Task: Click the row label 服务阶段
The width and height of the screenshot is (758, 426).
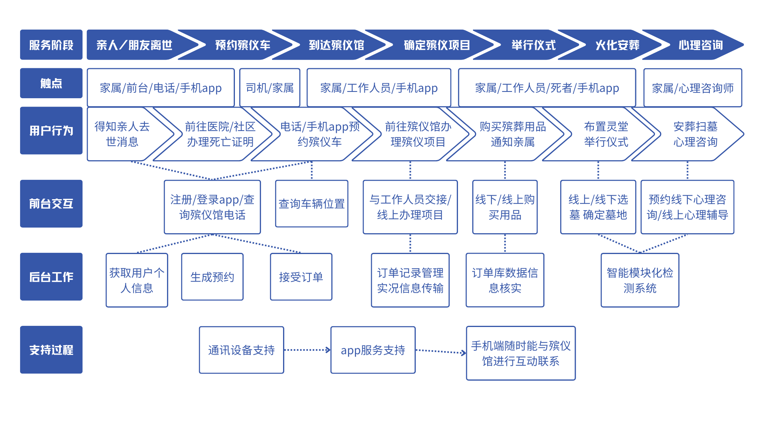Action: point(51,45)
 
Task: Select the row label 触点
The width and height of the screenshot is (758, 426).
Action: point(51,83)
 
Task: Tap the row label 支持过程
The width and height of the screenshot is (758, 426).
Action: point(51,350)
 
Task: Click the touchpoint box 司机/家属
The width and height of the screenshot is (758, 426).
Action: point(270,88)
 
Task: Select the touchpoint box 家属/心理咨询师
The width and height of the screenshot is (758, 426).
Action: point(693,88)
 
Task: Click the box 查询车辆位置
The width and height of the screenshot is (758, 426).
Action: point(312,204)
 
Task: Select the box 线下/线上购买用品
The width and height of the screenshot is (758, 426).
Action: point(505,207)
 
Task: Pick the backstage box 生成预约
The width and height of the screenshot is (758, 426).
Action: point(212,277)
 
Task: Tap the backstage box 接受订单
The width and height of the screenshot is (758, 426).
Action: point(301,277)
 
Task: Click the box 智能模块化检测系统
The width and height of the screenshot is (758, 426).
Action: point(640,280)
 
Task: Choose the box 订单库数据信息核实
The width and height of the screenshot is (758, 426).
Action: point(505,280)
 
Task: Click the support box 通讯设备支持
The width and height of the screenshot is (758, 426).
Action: point(242,350)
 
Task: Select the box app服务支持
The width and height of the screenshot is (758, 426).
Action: point(373,350)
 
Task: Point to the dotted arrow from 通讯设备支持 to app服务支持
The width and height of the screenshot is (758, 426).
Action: point(308,350)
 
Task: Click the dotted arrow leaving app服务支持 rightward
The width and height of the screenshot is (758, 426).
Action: point(441,351)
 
